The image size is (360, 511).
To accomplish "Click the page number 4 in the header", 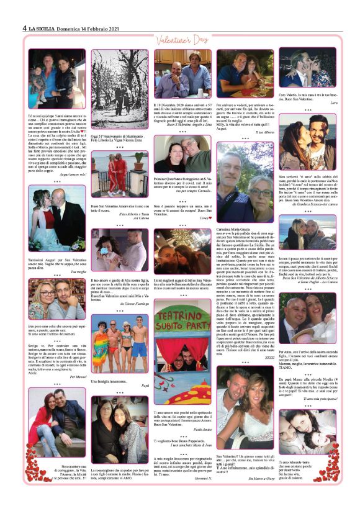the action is pyautogui.click(x=24, y=28).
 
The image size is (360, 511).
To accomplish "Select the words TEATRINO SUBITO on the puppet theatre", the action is pyautogui.click(x=182, y=328).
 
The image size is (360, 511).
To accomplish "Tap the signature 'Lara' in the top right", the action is pyautogui.click(x=333, y=102).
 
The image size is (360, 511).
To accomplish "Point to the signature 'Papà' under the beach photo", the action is pyautogui.click(x=143, y=384).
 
